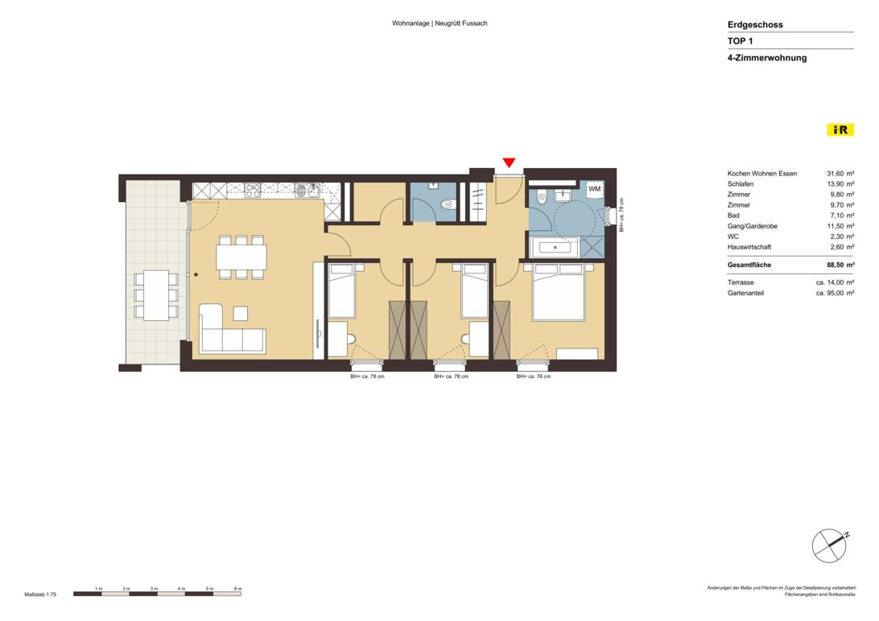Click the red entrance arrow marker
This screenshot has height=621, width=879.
[508, 163]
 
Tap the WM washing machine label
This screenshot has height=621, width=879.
[594, 189]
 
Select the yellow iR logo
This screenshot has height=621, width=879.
[840, 130]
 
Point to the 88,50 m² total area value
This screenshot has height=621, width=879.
[840, 264]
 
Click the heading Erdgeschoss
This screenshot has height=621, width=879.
[755, 25]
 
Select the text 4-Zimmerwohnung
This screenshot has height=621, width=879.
[766, 58]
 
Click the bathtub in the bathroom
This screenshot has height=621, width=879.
[555, 247]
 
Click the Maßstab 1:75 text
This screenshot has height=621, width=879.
[40, 594]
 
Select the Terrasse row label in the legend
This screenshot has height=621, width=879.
[741, 283]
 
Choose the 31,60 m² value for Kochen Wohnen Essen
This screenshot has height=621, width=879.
[840, 174]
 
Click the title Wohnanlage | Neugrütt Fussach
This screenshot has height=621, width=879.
[439, 23]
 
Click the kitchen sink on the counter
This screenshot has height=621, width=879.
[305, 191]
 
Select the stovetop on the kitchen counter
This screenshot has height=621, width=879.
[253, 191]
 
